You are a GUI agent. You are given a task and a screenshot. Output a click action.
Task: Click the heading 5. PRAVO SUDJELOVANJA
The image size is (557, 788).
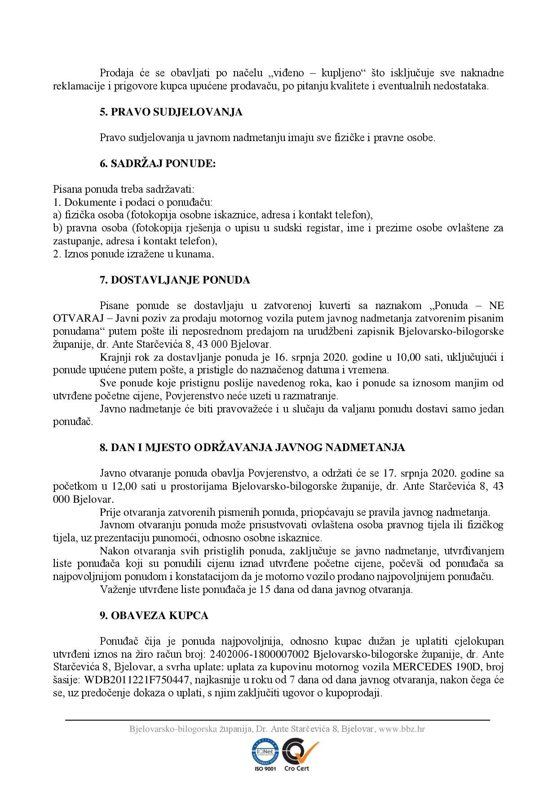[171, 112]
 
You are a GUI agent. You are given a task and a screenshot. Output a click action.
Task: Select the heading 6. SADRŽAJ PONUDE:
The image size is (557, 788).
[158, 164]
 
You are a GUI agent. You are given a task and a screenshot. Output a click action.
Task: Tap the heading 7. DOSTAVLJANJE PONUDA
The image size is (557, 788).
[175, 280]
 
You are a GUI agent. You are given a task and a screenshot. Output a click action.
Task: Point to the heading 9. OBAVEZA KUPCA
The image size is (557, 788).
[154, 615]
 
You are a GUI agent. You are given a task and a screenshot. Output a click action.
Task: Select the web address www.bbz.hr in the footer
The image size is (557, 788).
[402, 729]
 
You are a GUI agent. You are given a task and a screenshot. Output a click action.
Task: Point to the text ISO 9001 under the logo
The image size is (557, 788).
[265, 768]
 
